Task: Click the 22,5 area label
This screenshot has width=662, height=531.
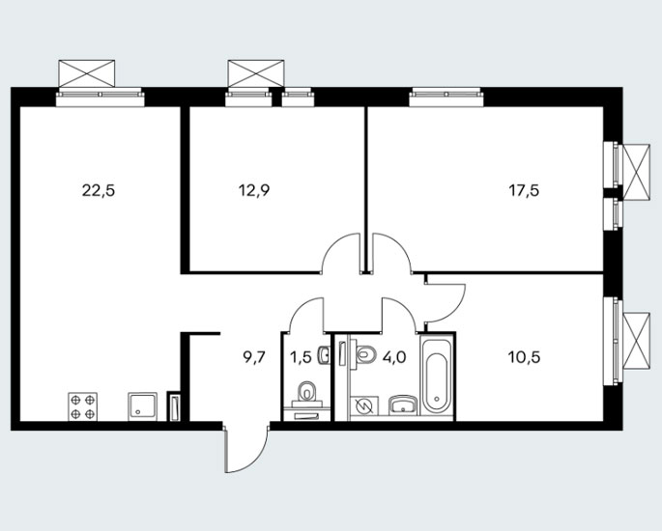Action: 99,191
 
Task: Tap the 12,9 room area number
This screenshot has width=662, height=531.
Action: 254,191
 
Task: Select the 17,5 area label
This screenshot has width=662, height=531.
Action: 524,191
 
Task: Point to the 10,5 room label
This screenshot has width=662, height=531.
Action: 525,357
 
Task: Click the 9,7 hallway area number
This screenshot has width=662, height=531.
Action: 254,357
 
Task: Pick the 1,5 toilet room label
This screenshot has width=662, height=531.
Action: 301,357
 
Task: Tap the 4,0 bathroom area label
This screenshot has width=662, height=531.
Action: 394,357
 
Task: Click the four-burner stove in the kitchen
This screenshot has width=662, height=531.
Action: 83,406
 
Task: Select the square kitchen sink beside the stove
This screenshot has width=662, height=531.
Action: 142,406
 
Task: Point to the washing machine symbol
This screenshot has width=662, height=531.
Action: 363,407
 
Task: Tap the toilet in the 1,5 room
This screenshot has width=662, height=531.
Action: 306,391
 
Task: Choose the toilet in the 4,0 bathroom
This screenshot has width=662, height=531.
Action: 365,354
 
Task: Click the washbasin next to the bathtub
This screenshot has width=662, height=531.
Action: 403,405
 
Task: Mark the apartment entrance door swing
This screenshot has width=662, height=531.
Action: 246,449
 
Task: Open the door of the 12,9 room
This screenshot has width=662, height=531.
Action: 342,254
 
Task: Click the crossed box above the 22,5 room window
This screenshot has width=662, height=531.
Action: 87,73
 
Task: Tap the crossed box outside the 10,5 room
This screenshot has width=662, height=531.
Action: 637,341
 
